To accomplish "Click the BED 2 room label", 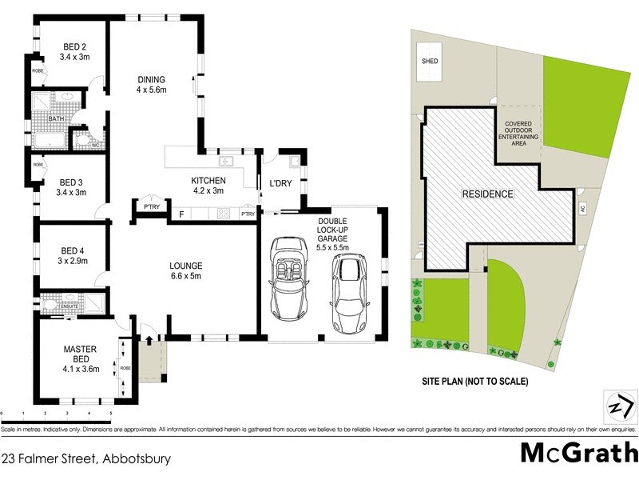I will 74,46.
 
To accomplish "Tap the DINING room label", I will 150,80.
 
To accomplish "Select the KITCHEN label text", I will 208,181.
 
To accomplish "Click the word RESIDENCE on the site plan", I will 487,194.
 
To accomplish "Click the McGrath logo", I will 578,452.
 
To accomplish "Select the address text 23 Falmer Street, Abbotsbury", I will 86,460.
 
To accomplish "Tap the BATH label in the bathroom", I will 55,119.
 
